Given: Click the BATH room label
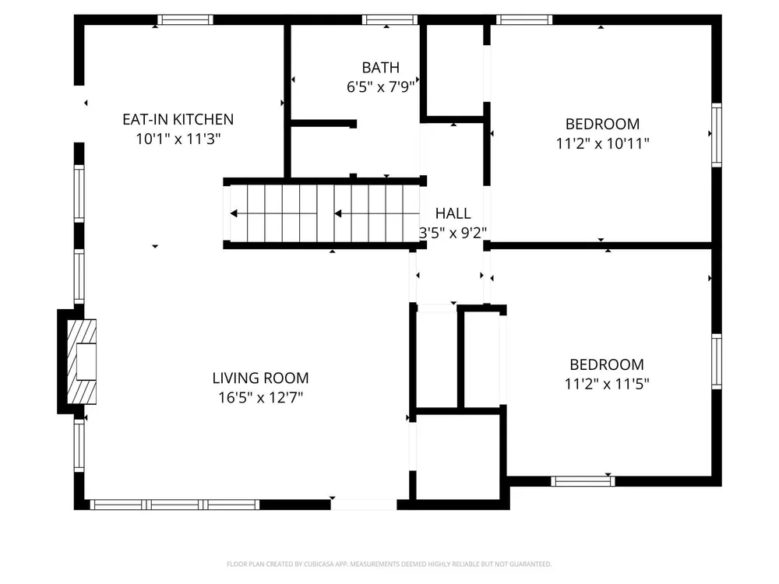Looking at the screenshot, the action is click(381, 68).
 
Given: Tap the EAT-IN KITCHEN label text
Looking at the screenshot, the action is click(178, 119).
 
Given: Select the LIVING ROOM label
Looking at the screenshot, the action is click(260, 378).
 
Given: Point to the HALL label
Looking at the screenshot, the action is click(453, 213).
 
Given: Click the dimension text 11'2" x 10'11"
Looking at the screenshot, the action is click(603, 143).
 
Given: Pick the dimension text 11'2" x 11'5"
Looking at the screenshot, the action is click(607, 384).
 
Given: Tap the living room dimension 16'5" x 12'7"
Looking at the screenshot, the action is click(260, 397).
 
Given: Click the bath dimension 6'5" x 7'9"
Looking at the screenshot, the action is click(381, 87).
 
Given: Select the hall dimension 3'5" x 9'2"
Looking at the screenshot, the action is click(453, 232).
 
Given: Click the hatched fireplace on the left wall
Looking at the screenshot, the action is click(82, 361).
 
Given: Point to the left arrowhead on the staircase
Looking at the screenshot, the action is click(234, 213).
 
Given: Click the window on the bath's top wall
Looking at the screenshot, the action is click(390, 20).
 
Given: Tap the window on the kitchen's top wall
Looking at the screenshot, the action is click(185, 20).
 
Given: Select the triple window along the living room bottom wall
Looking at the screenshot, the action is click(174, 505).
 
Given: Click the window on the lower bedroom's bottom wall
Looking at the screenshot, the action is click(583, 480).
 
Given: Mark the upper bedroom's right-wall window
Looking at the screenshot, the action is click(717, 135).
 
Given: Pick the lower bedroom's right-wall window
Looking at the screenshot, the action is click(717, 361).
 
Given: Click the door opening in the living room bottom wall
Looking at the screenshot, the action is click(364, 505).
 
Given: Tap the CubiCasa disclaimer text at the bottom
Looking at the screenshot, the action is click(389, 564).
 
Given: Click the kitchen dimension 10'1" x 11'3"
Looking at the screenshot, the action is click(178, 139).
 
